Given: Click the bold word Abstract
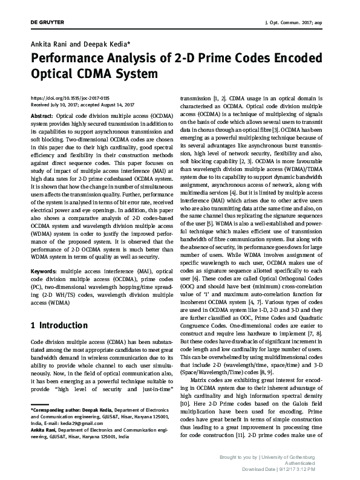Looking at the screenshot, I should pos(41,115).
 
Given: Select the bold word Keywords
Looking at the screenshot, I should pos(44,274).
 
